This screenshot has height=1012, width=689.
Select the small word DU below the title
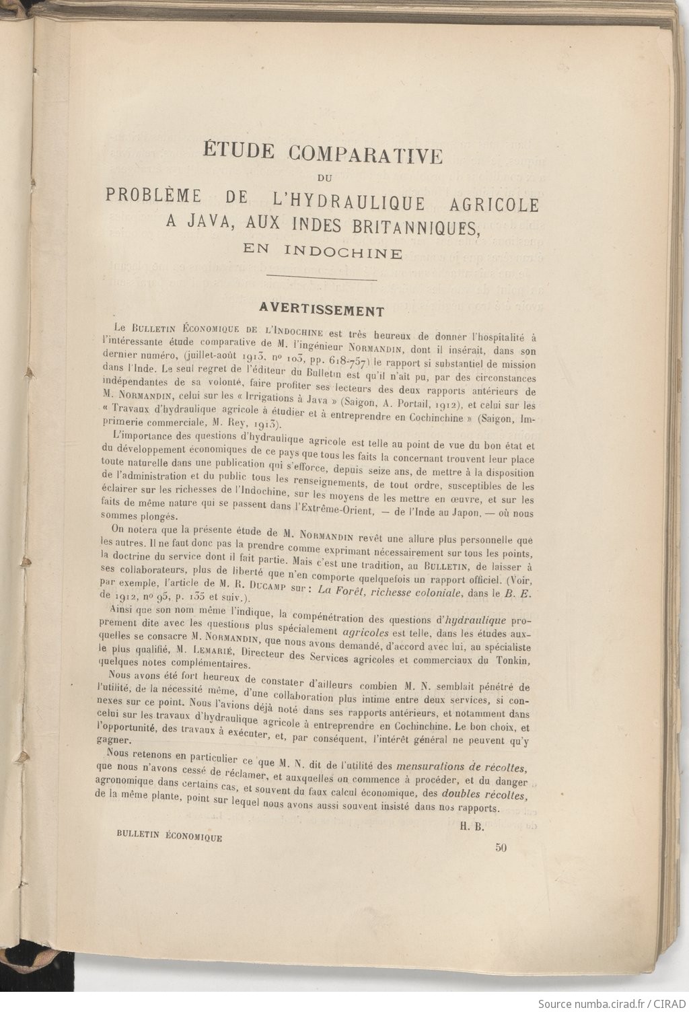tap(323, 178)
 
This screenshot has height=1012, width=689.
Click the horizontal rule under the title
tap(322, 278)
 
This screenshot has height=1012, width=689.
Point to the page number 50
tap(500, 848)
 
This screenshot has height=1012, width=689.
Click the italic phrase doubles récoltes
tap(490, 795)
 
